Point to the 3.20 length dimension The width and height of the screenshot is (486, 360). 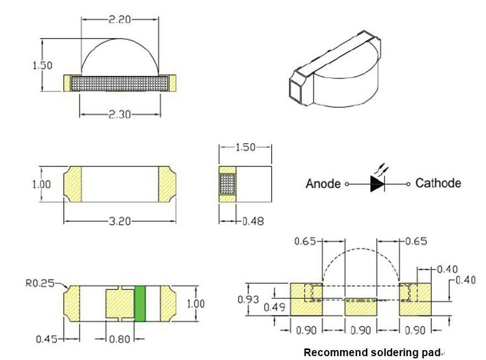(120, 221)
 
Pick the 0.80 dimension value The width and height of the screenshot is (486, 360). (119, 339)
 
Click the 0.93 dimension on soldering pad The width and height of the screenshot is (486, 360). (249, 299)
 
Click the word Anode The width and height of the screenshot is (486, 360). (323, 184)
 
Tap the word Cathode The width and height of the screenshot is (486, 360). (438, 183)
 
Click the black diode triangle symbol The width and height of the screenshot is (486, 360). (377, 184)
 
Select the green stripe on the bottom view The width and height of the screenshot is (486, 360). (139, 303)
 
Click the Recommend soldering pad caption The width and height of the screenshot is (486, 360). (372, 352)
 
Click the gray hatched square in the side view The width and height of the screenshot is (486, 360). (227, 183)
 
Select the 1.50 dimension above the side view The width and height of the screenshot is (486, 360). (246, 148)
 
